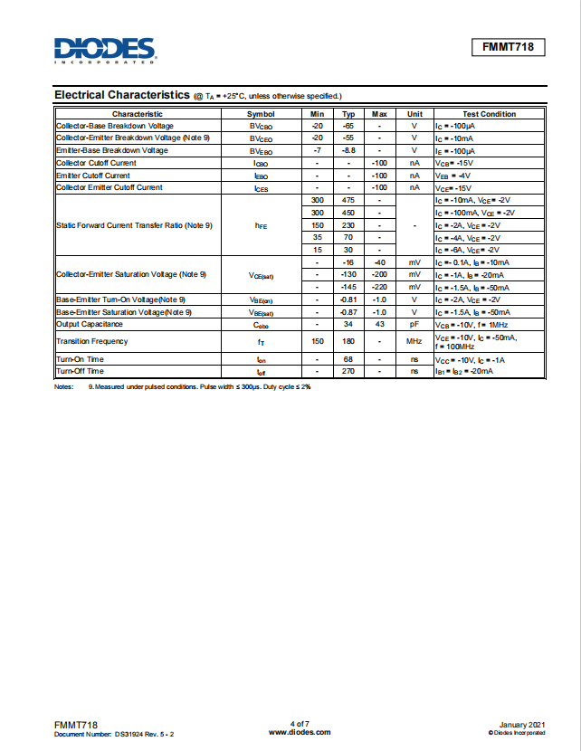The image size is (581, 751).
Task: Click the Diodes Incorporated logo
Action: [104, 50]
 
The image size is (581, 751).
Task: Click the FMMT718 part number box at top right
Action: [508, 48]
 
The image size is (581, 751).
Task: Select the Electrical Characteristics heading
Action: [121, 95]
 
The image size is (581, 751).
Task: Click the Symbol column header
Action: [261, 114]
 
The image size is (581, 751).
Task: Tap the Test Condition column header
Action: [489, 114]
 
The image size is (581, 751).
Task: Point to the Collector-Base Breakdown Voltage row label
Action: [115, 126]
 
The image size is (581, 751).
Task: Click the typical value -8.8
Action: [348, 150]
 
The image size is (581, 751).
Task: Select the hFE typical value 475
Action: [348, 200]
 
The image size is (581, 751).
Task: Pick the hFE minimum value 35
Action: [317, 237]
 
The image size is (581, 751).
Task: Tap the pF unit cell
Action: [414, 324]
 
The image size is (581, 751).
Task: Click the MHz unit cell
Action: [414, 341]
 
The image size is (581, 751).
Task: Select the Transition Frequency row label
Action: [92, 341]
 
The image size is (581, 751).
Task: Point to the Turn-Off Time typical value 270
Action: [348, 371]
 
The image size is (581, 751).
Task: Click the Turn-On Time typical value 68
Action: [348, 359]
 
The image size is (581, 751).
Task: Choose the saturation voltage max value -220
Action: [380, 287]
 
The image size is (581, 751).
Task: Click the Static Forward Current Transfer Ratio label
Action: [134, 224]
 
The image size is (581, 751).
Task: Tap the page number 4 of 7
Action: [300, 723]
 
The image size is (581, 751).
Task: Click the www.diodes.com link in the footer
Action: [300, 731]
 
